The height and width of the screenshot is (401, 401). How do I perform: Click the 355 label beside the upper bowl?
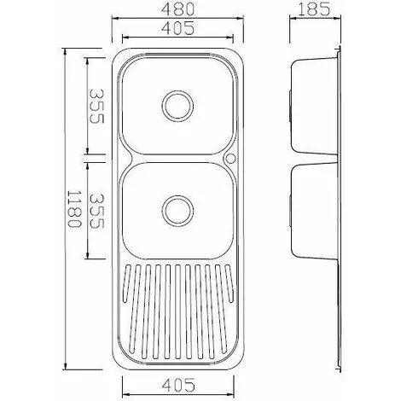(98, 106)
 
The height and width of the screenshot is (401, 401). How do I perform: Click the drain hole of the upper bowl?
(177, 107)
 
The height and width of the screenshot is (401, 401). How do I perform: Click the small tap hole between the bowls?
(230, 159)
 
